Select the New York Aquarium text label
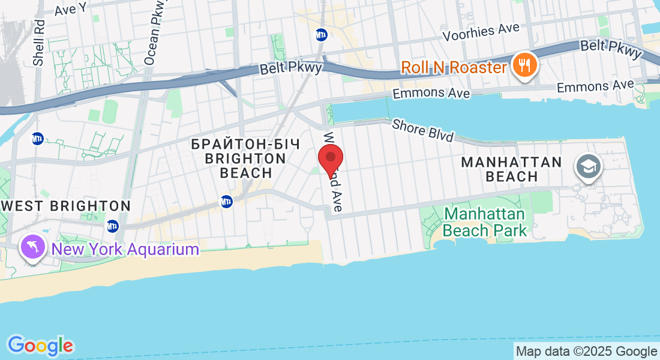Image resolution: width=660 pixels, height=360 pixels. pos(125,249)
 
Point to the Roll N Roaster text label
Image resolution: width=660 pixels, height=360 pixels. pos(454,67)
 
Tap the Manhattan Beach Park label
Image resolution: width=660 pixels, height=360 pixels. pos(485,222)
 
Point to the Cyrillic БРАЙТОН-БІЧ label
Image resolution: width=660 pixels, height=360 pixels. pos(238,144)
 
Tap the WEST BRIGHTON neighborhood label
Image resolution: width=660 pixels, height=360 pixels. pos(66,206)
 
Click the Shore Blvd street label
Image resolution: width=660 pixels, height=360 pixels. pos(422,130)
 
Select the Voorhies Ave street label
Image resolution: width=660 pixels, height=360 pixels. pos(481,32)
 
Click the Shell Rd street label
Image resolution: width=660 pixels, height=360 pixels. pos(39,43)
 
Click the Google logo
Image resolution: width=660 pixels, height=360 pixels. pos(40,346)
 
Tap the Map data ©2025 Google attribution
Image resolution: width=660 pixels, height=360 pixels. pos(586,352)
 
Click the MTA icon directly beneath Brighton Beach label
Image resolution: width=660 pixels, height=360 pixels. pos(226,202)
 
